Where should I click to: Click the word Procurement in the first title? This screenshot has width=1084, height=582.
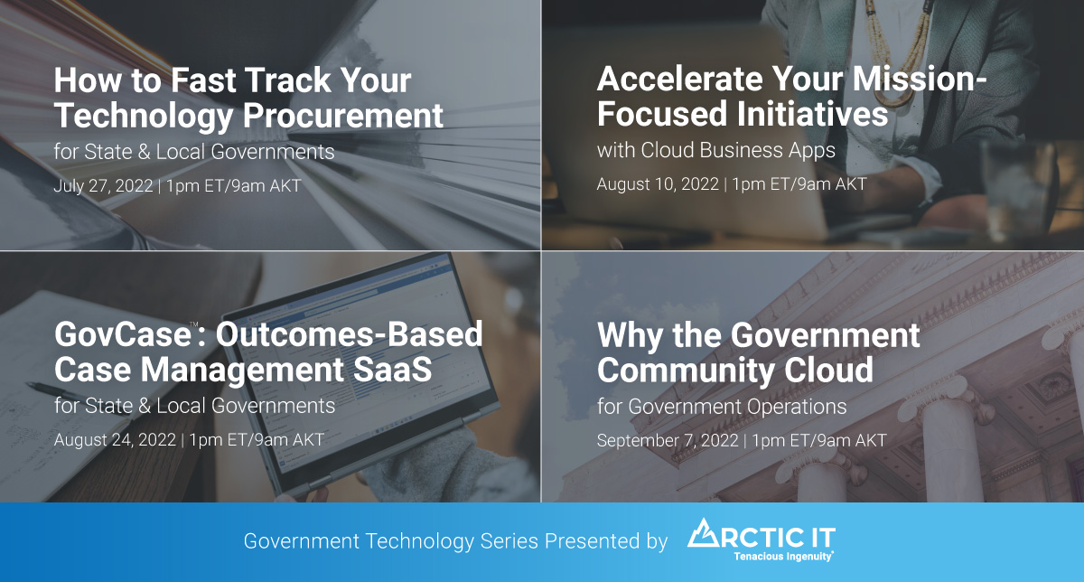click(x=343, y=117)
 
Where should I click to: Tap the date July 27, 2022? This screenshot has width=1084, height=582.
click(x=103, y=186)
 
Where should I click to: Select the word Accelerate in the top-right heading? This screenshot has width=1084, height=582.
click(x=679, y=79)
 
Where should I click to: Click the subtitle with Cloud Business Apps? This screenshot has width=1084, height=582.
click(x=716, y=150)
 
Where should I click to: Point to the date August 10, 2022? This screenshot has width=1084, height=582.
click(x=658, y=184)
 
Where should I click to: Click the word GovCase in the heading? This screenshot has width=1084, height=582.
click(x=123, y=334)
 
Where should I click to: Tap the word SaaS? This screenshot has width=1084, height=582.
click(x=392, y=370)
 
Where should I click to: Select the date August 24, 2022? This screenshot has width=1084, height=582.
click(x=115, y=440)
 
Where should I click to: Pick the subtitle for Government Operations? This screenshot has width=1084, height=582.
click(x=722, y=407)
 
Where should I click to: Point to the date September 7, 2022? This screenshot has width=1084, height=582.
click(x=668, y=441)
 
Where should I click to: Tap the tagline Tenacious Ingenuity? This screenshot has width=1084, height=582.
click(x=783, y=557)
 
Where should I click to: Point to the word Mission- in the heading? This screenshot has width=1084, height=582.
click(x=919, y=79)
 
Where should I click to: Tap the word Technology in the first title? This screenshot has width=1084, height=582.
click(x=144, y=117)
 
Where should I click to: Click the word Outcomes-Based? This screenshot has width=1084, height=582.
click(x=349, y=334)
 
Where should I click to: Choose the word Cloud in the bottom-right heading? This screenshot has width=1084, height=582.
click(x=829, y=371)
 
